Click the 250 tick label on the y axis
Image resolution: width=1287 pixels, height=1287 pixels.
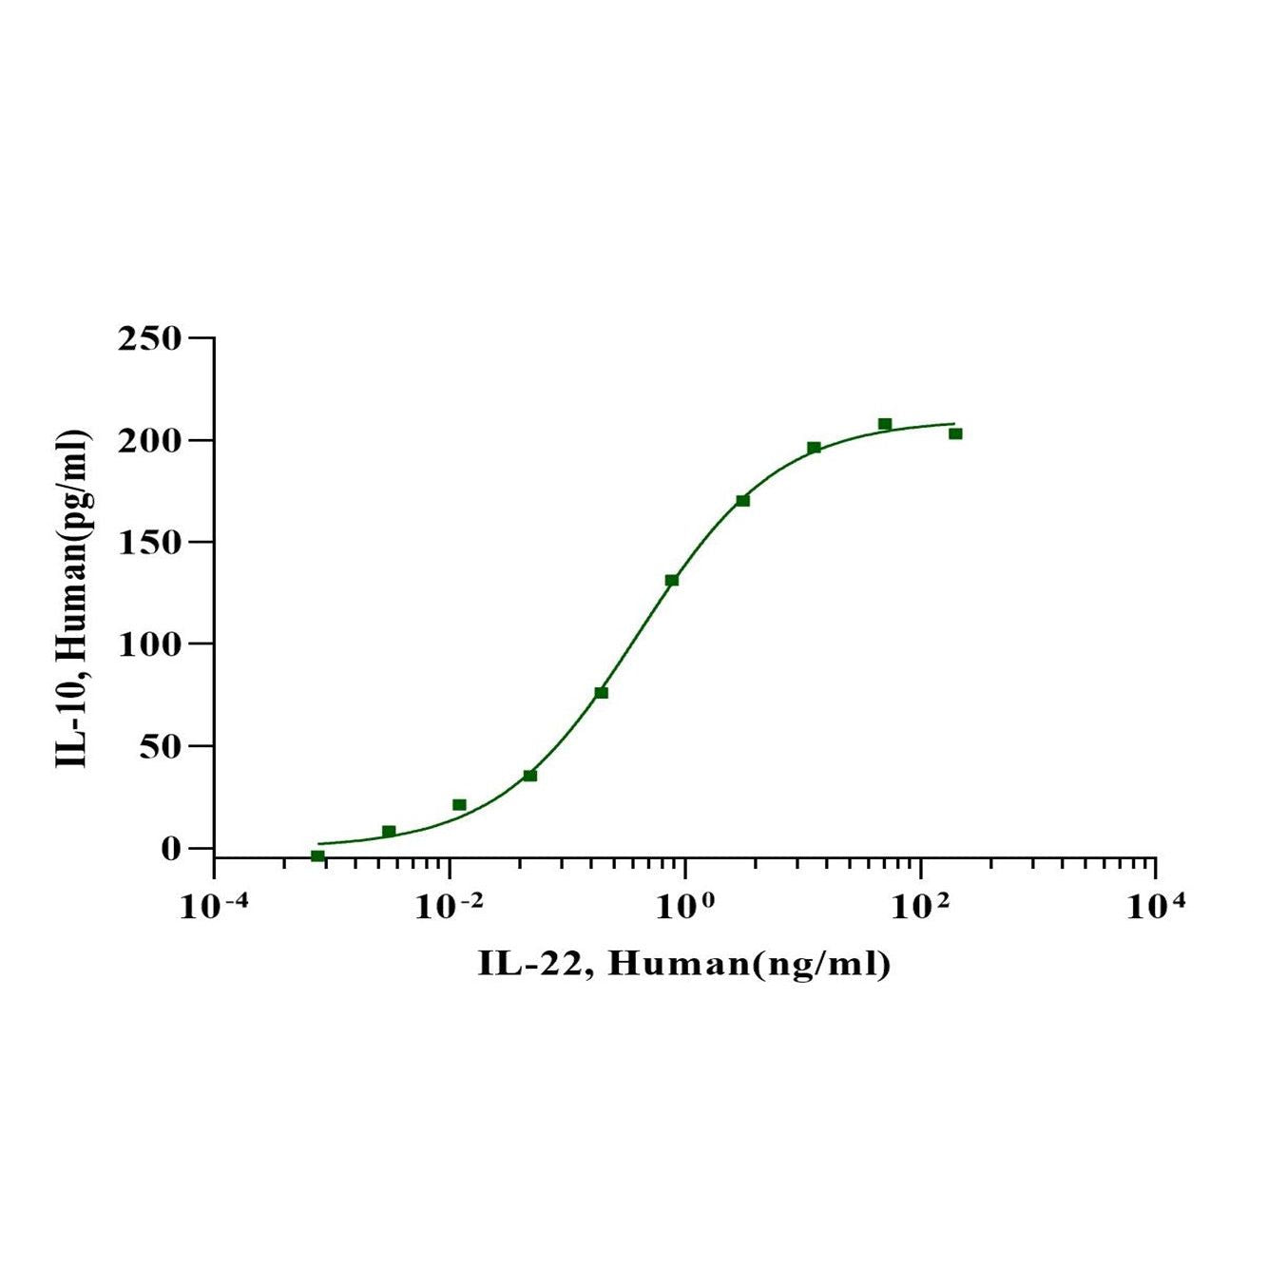point(148,338)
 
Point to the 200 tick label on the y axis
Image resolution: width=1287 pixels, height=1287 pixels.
point(148,440)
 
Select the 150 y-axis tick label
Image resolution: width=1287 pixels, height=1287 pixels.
point(148,542)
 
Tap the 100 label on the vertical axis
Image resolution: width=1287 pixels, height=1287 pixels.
point(148,643)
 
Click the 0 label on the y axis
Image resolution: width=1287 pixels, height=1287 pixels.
point(170,848)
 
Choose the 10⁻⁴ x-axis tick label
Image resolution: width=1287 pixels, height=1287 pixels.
point(215,906)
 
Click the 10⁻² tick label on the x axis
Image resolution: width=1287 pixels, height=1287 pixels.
point(450,906)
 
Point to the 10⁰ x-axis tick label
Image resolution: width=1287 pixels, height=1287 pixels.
point(685,906)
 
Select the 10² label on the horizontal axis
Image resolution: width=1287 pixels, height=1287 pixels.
point(920,906)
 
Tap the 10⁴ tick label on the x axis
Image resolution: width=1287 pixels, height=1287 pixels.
point(1155,906)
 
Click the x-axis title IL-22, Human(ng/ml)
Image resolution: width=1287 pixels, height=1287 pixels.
point(684,964)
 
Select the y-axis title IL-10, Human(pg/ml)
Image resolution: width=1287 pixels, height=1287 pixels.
point(73,598)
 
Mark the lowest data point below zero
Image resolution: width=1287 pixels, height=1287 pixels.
point(317,855)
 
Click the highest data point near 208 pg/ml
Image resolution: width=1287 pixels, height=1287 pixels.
point(885,424)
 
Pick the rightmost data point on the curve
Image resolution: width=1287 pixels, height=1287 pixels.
point(955,433)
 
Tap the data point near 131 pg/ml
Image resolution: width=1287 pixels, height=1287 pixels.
point(672,580)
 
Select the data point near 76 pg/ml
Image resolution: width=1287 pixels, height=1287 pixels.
point(601,692)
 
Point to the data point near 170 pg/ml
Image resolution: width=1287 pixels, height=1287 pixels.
point(742,500)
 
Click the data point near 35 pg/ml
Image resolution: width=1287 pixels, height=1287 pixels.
point(529,776)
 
